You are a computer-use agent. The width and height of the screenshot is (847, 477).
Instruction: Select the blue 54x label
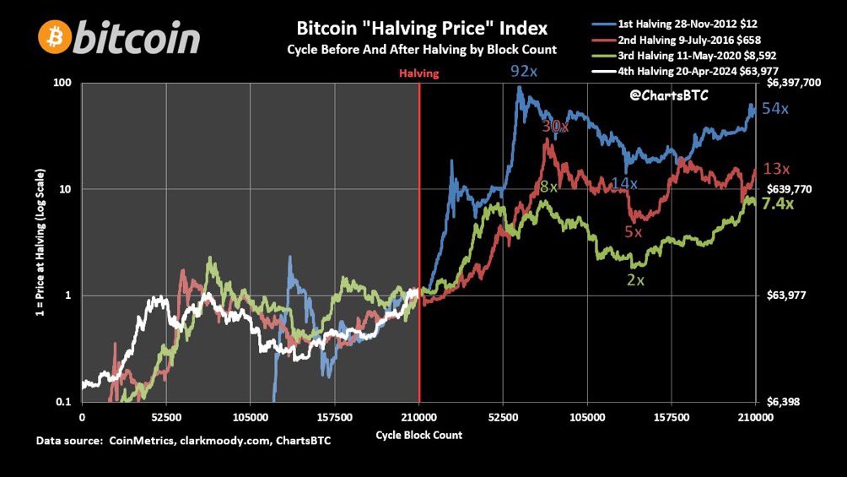(x=774, y=109)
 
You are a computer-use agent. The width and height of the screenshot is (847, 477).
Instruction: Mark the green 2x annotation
(x=636, y=279)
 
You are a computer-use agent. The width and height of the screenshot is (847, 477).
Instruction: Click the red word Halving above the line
(x=419, y=73)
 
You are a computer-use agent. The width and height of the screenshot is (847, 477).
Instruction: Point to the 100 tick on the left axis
(x=62, y=84)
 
